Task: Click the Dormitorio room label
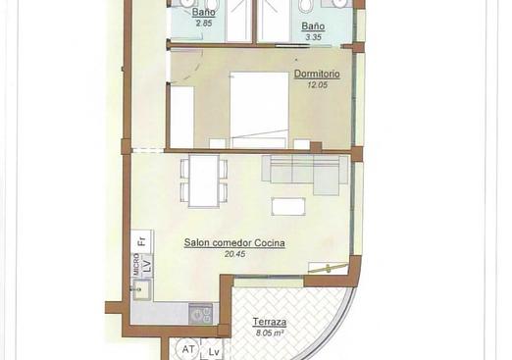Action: pyautogui.click(x=317, y=74)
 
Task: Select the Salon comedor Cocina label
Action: pyautogui.click(x=235, y=243)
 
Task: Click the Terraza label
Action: pyautogui.click(x=269, y=323)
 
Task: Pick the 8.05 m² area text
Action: pyautogui.click(x=269, y=334)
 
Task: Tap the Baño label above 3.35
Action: pyautogui.click(x=314, y=26)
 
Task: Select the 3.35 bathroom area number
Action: pyautogui.click(x=314, y=37)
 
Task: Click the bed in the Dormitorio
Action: pyautogui.click(x=260, y=108)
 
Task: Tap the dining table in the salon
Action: pyautogui.click(x=203, y=180)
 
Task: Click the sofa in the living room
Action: pyautogui.click(x=304, y=174)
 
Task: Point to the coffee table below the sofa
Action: pyautogui.click(x=288, y=207)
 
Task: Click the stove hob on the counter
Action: pyautogui.click(x=202, y=314)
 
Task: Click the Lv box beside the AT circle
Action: pyautogui.click(x=213, y=351)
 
